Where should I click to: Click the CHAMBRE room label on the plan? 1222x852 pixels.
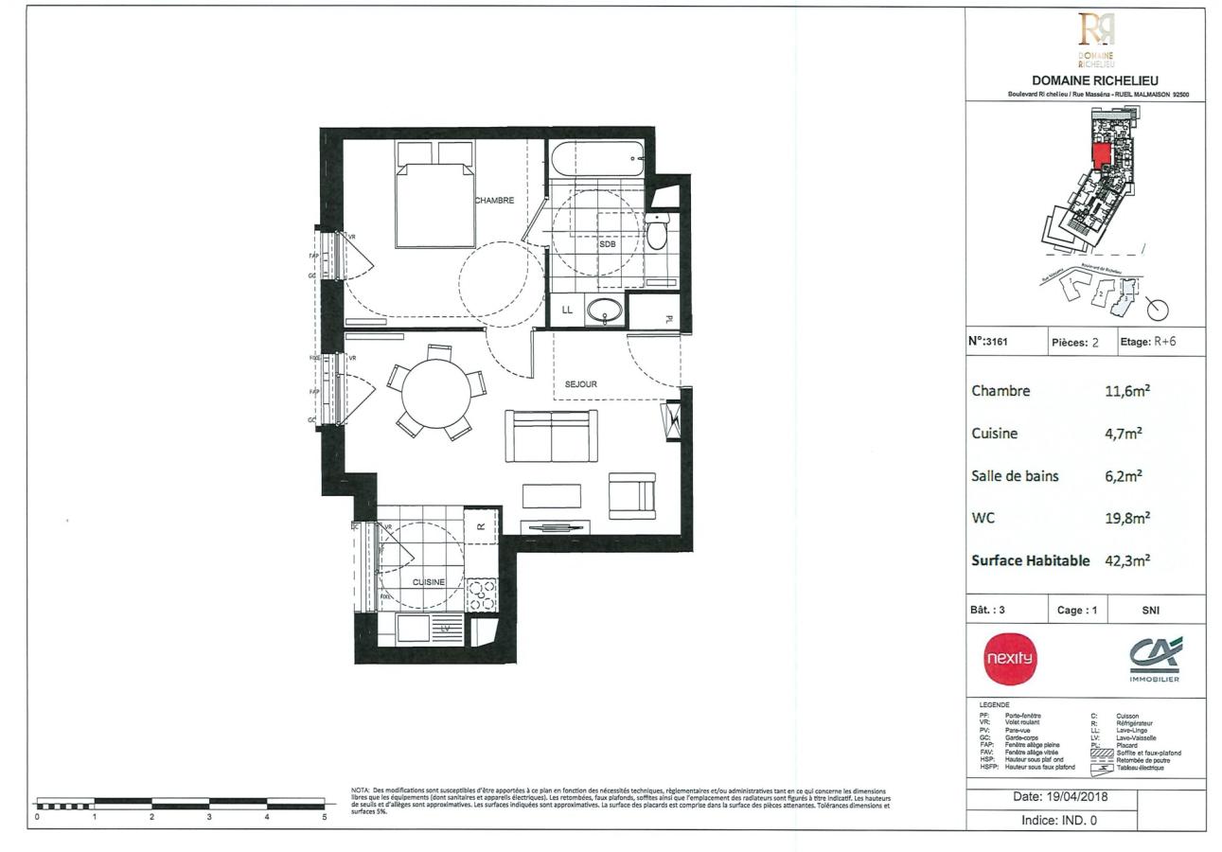click(x=494, y=201)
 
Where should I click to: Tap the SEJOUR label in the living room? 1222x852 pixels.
click(x=580, y=384)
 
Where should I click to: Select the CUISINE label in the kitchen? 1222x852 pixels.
click(x=428, y=582)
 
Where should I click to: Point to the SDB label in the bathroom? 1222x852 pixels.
click(x=607, y=244)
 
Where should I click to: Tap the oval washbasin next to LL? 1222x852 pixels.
click(x=604, y=310)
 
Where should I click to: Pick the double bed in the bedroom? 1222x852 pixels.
click(x=435, y=201)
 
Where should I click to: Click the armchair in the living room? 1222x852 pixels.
click(x=631, y=495)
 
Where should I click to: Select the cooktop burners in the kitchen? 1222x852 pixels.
click(x=481, y=594)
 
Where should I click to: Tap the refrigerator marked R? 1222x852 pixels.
click(x=481, y=527)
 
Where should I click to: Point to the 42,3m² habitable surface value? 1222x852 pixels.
click(x=1127, y=559)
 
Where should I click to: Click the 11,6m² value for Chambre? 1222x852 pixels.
click(x=1127, y=390)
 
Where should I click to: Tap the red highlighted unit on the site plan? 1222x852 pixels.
click(x=1101, y=156)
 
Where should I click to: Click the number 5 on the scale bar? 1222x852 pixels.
click(x=325, y=816)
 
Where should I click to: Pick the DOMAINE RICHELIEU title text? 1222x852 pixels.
click(x=1094, y=80)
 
